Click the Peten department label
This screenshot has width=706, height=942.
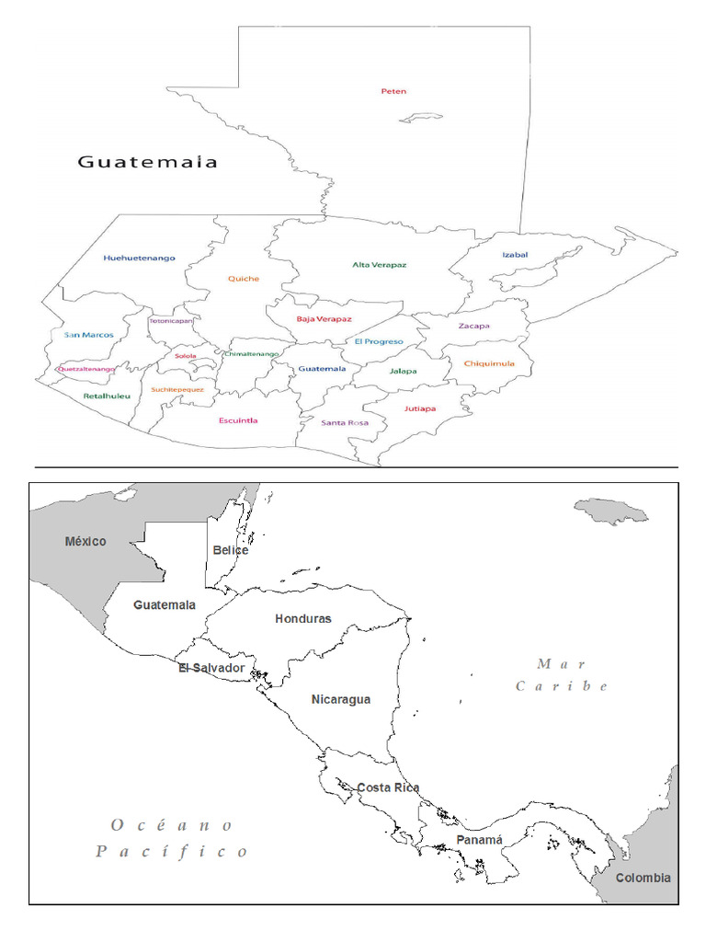[393, 91]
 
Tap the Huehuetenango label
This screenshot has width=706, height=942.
[140, 258]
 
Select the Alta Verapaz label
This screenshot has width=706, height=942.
[379, 265]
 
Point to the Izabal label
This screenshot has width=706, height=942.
[515, 255]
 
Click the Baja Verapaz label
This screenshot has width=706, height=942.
[324, 319]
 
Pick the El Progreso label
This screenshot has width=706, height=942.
[379, 341]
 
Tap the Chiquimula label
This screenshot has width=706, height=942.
[489, 363]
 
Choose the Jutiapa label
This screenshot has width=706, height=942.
[420, 408]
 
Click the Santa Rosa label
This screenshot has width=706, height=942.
[345, 423]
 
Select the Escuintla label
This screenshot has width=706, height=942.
[238, 420]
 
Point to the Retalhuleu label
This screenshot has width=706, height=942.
[107, 396]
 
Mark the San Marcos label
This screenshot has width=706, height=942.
[89, 335]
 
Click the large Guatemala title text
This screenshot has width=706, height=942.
[147, 162]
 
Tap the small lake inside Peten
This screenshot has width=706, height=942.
[422, 118]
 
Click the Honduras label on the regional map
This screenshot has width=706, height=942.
[302, 619]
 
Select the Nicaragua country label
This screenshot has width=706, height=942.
[341, 699]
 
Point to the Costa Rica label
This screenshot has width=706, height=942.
[388, 787]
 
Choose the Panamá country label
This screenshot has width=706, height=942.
[480, 840]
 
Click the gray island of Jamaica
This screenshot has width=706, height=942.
[611, 511]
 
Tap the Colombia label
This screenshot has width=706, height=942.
[643, 878]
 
